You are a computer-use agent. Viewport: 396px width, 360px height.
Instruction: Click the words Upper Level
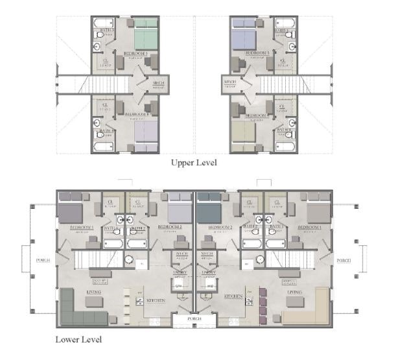pyautogui.click(x=193, y=163)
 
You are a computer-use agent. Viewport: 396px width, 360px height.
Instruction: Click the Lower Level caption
pyautogui.click(x=78, y=339)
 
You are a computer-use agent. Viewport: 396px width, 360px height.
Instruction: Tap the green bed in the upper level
pyautogui.click(x=145, y=32)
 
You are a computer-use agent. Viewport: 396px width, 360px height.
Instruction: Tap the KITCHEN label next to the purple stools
pyautogui.click(x=234, y=296)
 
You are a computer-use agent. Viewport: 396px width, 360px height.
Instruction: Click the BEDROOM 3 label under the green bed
pyautogui.click(x=136, y=53)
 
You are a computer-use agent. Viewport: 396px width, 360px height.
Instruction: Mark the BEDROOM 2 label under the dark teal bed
pyautogui.click(x=220, y=228)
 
